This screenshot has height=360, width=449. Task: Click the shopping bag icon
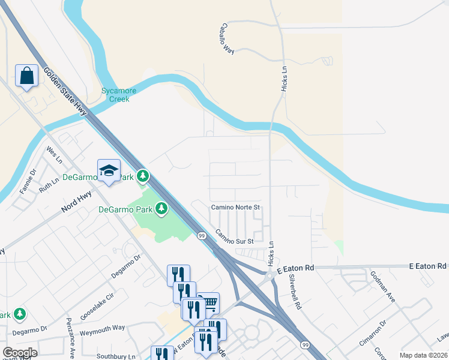point(26,76)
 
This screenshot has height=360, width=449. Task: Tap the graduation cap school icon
point(109,170)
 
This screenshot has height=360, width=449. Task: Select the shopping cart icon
point(208,302)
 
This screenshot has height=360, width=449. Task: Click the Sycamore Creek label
point(118,95)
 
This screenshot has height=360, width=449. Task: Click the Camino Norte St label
point(235,208)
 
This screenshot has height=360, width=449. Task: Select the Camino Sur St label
point(235,237)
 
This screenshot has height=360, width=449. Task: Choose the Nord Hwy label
point(76,208)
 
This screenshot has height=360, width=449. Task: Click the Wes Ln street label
point(55,155)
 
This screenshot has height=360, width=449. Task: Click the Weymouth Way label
point(102,329)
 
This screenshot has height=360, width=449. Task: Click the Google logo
point(20,352)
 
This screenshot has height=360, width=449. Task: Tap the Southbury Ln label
point(116,356)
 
